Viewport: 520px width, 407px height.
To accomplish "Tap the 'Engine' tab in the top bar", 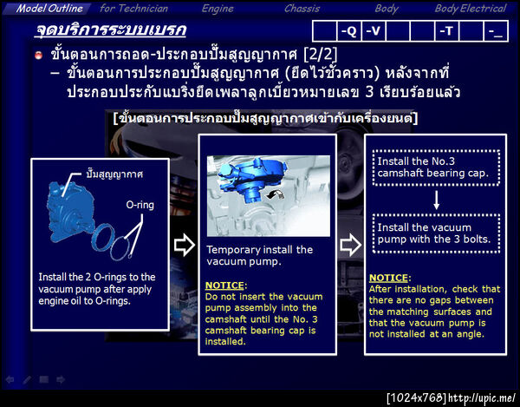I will (x=218, y=8).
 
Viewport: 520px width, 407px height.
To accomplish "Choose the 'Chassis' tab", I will (x=302, y=8).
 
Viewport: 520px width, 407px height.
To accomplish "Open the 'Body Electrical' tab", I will (x=470, y=8).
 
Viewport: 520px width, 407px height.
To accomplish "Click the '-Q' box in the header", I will (x=348, y=31).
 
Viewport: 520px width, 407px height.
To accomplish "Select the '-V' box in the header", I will (x=374, y=31).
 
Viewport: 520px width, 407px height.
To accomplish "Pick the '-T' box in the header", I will (x=447, y=31).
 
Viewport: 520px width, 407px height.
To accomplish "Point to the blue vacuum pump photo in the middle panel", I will (x=268, y=196).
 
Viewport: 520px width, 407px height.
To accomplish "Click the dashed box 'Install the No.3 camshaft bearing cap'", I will (x=425, y=165).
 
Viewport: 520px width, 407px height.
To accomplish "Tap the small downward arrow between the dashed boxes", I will (x=426, y=199).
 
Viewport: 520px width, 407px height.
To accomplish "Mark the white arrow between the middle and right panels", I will (x=351, y=246).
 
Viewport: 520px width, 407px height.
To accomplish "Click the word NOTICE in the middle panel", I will (x=225, y=285).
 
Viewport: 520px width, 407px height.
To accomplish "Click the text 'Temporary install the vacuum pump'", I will (x=260, y=255).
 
